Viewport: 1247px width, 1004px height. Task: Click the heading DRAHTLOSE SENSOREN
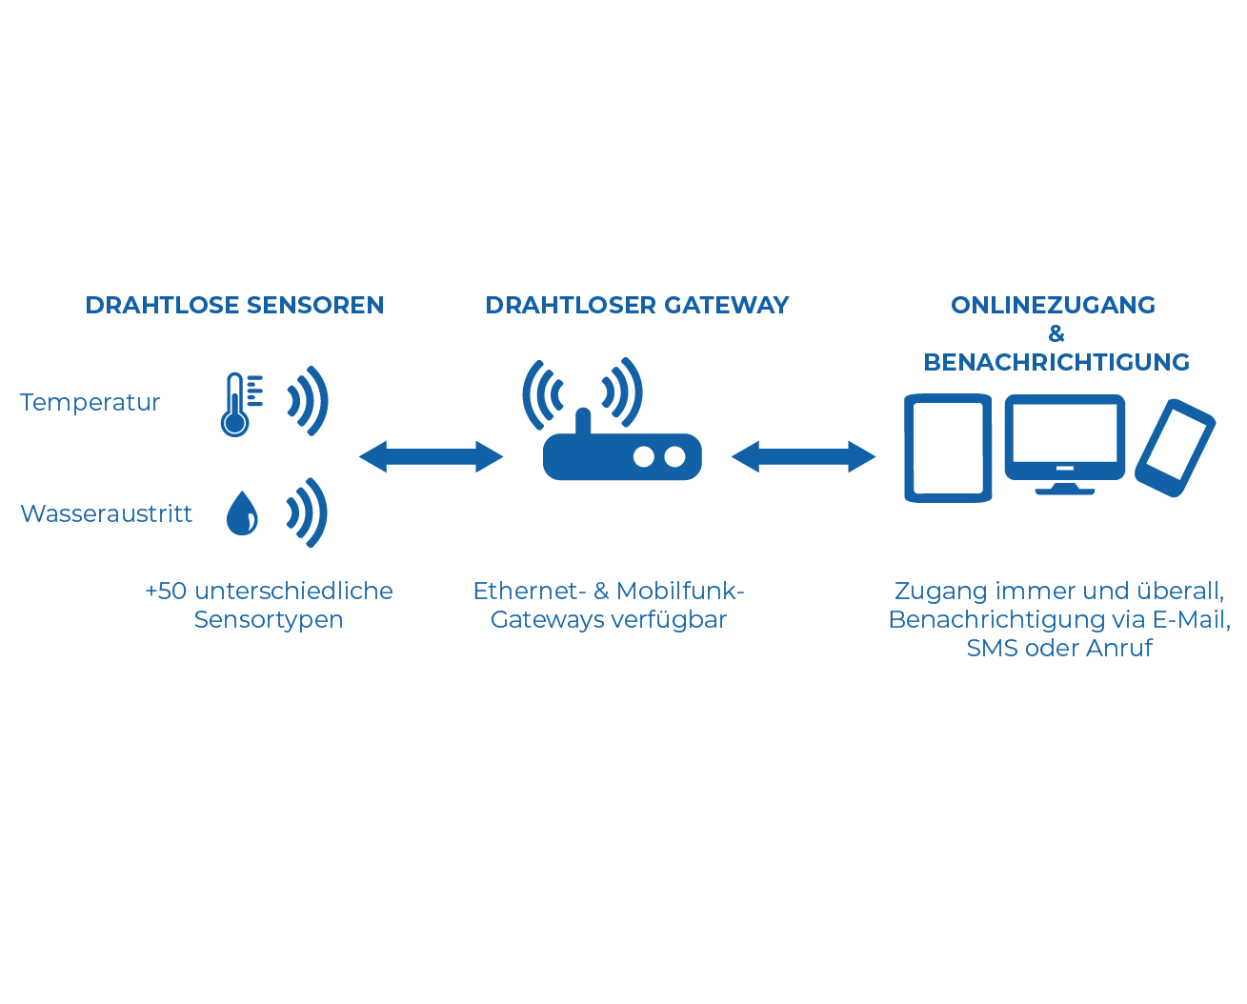click(234, 305)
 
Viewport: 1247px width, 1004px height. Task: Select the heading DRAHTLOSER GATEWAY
click(636, 305)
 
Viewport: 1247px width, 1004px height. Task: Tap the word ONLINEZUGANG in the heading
click(1053, 305)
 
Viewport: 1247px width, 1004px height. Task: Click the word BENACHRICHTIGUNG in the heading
click(1056, 362)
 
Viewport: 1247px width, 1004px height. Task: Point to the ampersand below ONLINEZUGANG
click(1056, 333)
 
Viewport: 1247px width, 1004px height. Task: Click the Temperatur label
click(90, 402)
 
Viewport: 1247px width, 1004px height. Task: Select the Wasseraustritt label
click(106, 513)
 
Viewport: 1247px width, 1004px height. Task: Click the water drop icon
click(242, 512)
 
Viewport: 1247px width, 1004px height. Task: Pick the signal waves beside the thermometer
click(309, 400)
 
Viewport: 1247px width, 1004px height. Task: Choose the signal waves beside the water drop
click(308, 512)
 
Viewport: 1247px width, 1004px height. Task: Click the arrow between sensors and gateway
click(431, 457)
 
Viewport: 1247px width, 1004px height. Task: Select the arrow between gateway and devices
click(802, 457)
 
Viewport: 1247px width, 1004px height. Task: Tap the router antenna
click(583, 421)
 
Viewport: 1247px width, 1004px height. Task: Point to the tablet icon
click(948, 448)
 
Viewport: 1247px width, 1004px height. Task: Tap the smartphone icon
click(1175, 448)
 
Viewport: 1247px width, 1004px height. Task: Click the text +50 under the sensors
click(166, 591)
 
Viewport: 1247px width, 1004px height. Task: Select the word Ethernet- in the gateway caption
click(529, 591)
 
